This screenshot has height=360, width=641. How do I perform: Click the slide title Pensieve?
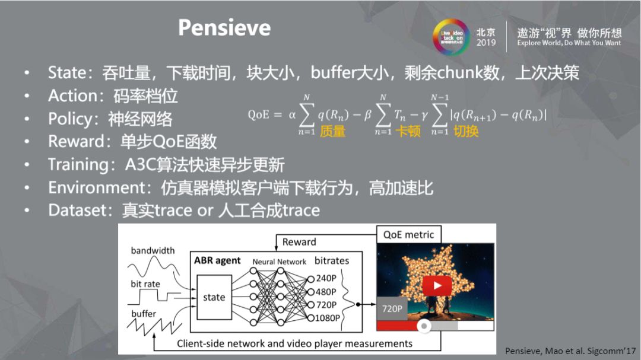click(224, 27)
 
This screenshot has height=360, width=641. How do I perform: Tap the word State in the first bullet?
click(67, 73)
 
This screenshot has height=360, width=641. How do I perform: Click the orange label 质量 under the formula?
click(332, 132)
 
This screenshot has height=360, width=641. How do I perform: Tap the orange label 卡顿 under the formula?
click(408, 132)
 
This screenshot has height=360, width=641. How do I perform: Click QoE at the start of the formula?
click(259, 115)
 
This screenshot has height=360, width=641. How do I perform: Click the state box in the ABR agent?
click(214, 297)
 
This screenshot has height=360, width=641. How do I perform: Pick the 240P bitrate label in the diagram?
click(326, 278)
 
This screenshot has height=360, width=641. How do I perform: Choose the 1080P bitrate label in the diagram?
click(328, 318)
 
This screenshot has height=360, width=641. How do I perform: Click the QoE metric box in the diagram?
click(408, 235)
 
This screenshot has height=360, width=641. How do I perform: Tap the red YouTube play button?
click(437, 286)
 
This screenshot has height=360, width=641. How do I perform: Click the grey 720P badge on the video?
click(392, 309)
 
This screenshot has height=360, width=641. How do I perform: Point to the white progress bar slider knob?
click(424, 326)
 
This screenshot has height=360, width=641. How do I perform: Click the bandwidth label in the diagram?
click(153, 250)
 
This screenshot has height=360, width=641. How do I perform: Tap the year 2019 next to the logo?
click(485, 43)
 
